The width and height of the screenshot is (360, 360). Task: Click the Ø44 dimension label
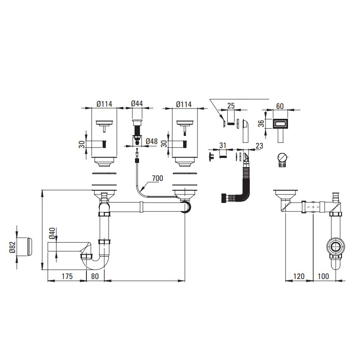tap(137, 103)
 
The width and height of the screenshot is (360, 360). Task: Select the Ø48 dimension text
tap(152, 141)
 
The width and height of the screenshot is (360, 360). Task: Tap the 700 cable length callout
tap(157, 178)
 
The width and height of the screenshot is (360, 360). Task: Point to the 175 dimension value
tap(67, 276)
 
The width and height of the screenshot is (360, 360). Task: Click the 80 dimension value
tap(95, 276)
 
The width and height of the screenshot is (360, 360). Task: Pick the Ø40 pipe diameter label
tap(52, 234)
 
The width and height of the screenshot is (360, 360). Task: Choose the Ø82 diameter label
tap(13, 247)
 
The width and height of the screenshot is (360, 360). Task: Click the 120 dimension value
tap(299, 276)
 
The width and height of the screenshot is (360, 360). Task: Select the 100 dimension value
tap(323, 276)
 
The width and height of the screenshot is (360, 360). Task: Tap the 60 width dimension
tap(280, 106)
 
